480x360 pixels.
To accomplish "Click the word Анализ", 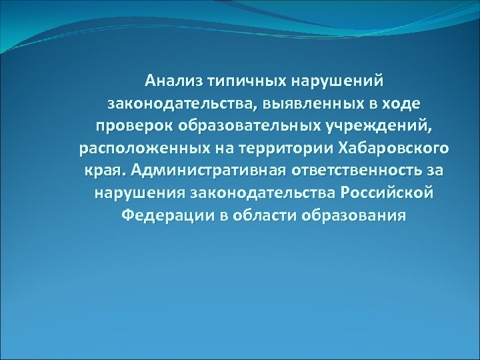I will point(175,81).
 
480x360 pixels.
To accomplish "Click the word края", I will point(104,171).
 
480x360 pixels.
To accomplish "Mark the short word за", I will point(436,171).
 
